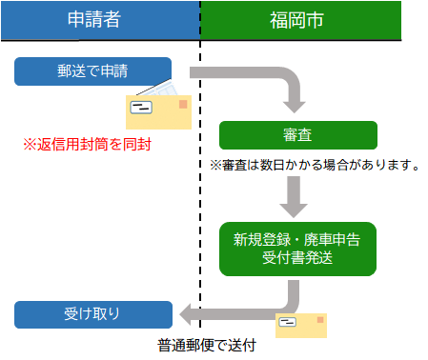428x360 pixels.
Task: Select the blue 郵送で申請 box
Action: pyautogui.click(x=93, y=70)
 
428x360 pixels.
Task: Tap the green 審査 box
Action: pyautogui.click(x=298, y=134)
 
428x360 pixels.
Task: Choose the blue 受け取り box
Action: pyautogui.click(x=93, y=312)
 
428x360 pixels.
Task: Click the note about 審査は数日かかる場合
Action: pyautogui.click(x=316, y=166)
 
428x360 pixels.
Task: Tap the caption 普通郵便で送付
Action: pyautogui.click(x=207, y=346)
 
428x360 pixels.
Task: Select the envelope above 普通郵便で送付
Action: pyautogui.click(x=300, y=325)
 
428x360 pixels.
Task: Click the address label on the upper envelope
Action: pyautogui.click(x=143, y=108)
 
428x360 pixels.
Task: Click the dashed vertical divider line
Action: pyautogui.click(x=201, y=190)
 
